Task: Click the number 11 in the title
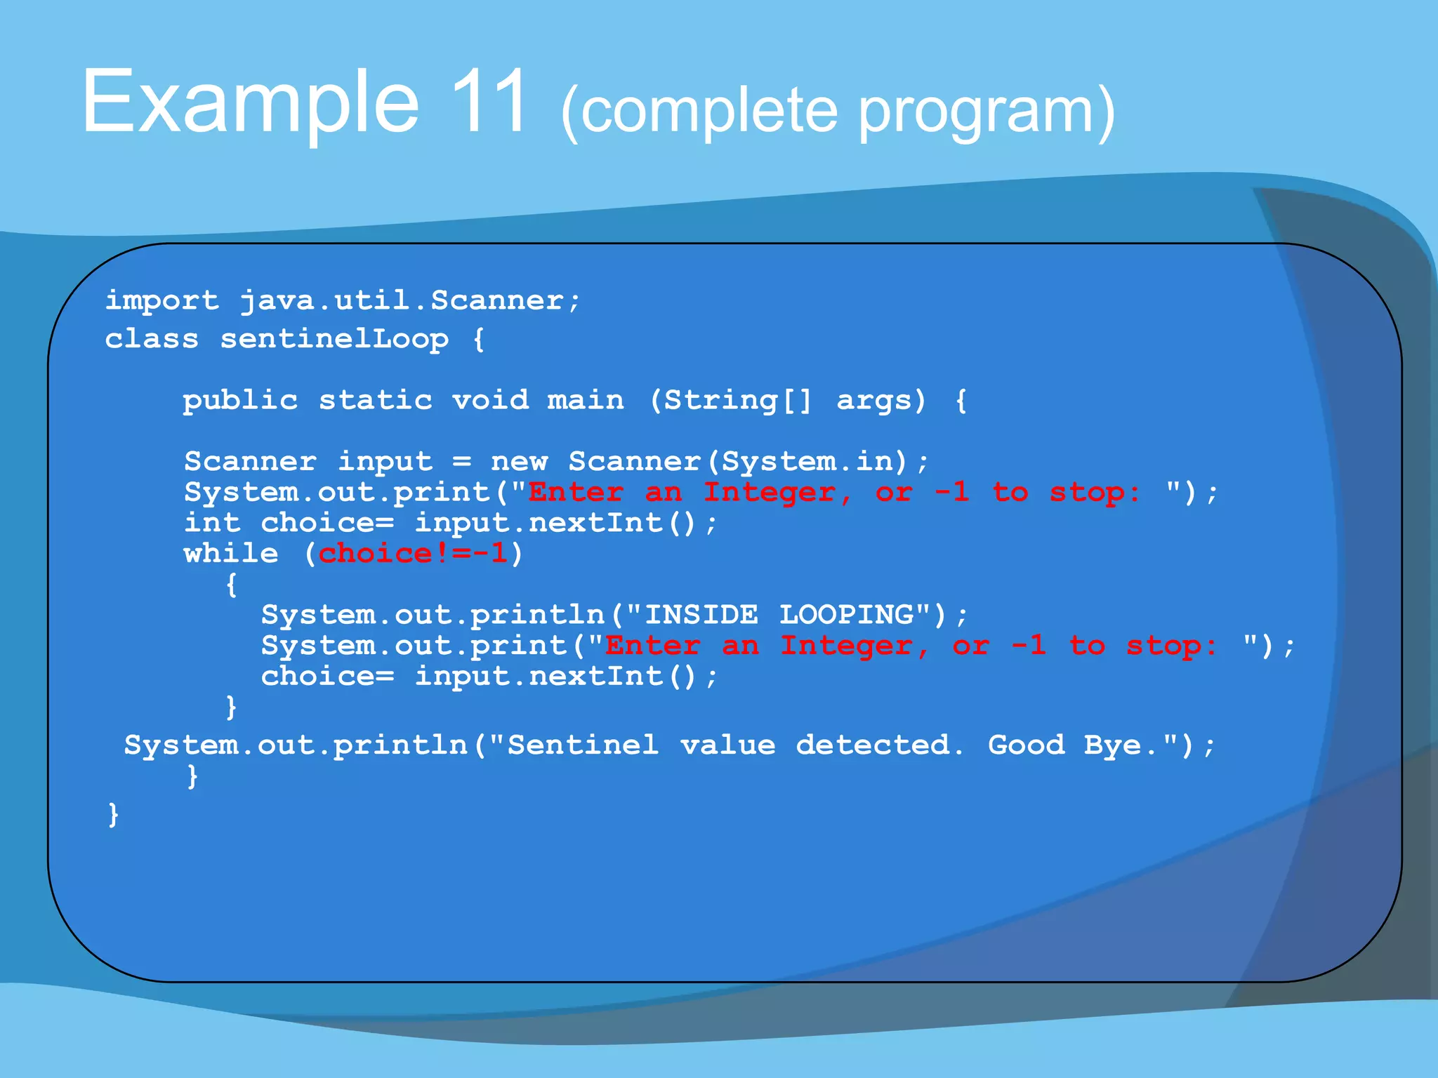click(489, 102)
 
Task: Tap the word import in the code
click(161, 301)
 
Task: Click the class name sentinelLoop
click(334, 340)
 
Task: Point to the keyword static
click(375, 401)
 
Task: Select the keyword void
click(489, 401)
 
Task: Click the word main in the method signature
click(585, 401)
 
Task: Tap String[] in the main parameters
click(737, 401)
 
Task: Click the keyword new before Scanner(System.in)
click(518, 462)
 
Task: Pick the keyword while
click(231, 554)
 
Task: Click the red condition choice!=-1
click(413, 554)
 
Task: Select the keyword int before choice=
click(212, 523)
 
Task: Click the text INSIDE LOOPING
click(779, 615)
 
